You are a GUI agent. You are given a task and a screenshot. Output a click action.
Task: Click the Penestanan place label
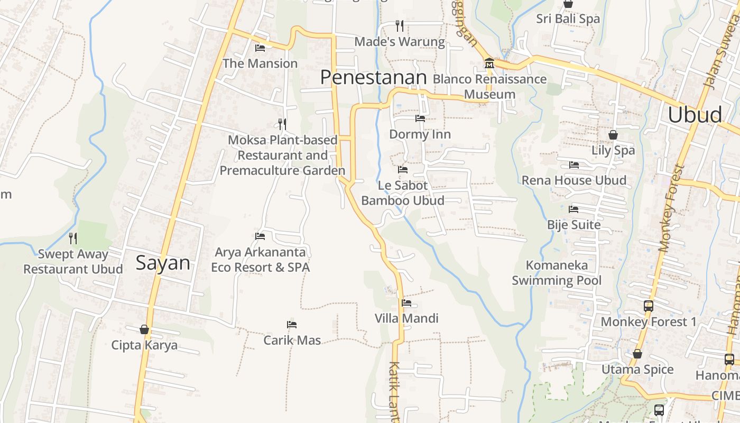coord(373,78)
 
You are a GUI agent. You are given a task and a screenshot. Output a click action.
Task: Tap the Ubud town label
coord(695,114)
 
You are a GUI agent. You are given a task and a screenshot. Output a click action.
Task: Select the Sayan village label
coord(163,263)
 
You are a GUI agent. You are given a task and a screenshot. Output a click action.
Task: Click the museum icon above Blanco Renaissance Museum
coord(489,63)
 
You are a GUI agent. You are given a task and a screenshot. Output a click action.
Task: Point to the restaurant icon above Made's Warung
coord(400,25)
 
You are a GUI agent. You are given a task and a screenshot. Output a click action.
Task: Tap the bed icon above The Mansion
coord(260,48)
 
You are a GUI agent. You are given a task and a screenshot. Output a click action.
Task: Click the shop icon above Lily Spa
coord(613,135)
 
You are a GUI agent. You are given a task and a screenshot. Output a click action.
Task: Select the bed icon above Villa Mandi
coord(406,303)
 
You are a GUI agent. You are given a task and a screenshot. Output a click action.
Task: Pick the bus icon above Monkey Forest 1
coord(649,306)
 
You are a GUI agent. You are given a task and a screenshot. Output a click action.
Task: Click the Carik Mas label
coord(292,340)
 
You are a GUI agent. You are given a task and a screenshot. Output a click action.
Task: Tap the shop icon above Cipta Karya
coord(144,329)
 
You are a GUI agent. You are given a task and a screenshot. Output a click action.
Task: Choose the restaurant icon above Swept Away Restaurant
coord(73,238)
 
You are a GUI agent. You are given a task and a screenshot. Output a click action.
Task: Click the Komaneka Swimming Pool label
coord(557,272)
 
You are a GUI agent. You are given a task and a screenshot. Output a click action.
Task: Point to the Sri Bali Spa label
coord(568,19)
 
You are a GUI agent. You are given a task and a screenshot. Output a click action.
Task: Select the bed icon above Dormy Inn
coord(420,118)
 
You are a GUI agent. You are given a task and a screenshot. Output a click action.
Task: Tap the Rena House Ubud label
coord(574,180)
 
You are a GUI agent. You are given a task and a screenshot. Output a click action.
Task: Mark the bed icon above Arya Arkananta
coord(260,236)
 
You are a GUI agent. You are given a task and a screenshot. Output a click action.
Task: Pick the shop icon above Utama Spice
coord(637,354)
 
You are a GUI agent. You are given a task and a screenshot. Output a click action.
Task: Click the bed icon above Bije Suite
coord(573,209)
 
